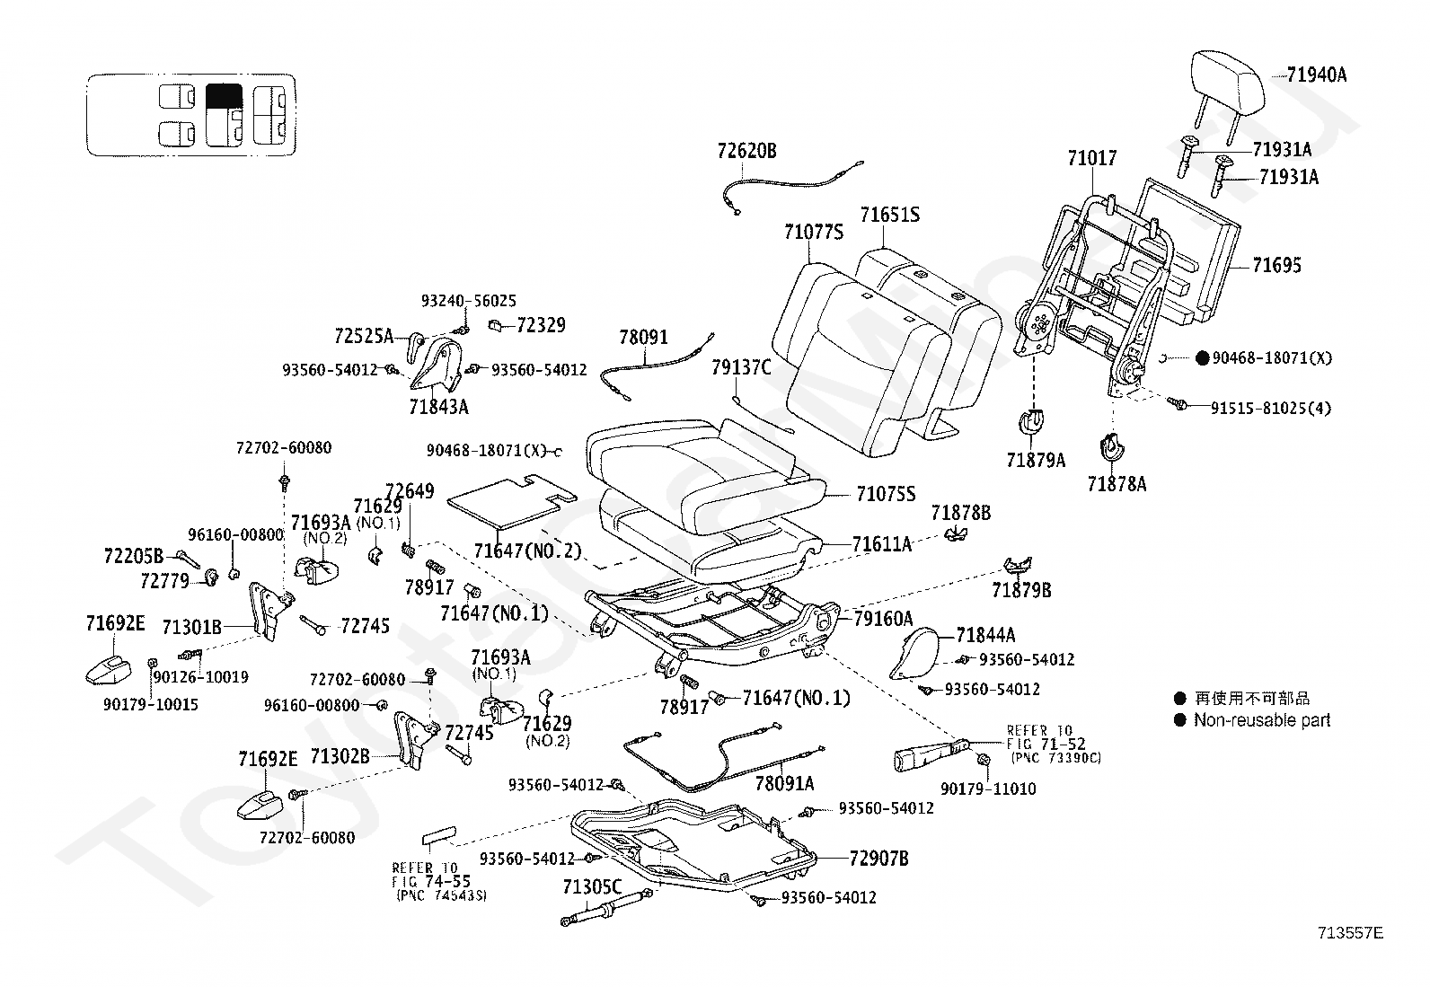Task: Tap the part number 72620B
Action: tap(746, 151)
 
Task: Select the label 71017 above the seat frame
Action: tap(1092, 158)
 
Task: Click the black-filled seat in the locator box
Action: tap(223, 96)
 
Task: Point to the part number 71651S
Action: tap(889, 215)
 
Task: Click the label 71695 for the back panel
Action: tap(1276, 265)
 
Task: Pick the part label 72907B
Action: tap(878, 859)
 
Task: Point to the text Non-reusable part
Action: tap(1262, 720)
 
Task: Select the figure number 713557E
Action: tap(1351, 933)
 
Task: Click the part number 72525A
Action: tap(363, 337)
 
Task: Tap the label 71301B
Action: tap(191, 626)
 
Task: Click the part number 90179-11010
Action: tap(988, 789)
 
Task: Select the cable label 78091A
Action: tap(784, 783)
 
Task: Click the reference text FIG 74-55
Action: tap(430, 882)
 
